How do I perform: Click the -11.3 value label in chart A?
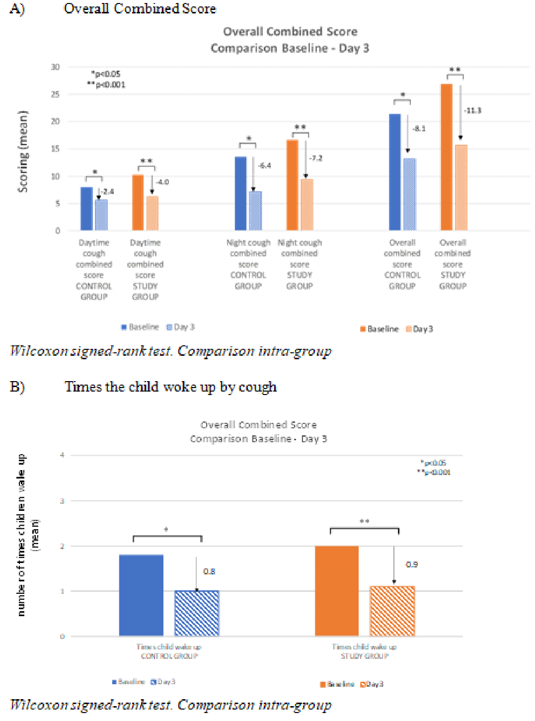tap(472, 110)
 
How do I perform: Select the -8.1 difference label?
tap(419, 128)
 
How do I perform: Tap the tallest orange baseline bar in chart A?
tap(447, 157)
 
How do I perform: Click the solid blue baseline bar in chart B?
tap(142, 595)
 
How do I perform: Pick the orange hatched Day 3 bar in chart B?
tap(392, 611)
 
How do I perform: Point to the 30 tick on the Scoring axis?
tap(55, 67)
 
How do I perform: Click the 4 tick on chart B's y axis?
tap(62, 455)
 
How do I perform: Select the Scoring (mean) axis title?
tap(23, 151)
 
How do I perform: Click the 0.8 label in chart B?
tap(209, 571)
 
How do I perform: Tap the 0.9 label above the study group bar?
tap(412, 564)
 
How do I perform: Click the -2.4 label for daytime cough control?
tap(108, 191)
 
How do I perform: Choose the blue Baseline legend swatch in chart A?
tap(124, 327)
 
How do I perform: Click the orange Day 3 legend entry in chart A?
tap(419, 329)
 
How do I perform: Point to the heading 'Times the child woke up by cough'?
tap(170, 387)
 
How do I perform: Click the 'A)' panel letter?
tap(17, 9)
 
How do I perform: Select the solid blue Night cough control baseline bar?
tap(240, 193)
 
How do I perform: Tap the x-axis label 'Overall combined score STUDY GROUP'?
tap(453, 264)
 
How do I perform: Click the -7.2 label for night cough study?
tap(316, 158)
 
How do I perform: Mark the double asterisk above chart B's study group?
tap(365, 521)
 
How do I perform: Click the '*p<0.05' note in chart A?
tap(106, 74)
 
